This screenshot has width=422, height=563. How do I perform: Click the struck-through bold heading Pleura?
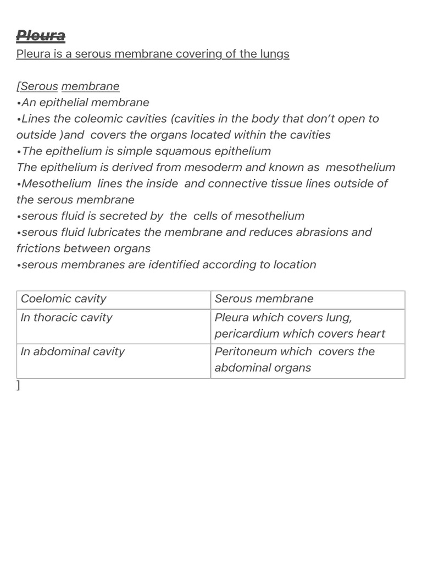coord(41,36)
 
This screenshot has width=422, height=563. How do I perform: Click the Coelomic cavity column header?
coord(64,299)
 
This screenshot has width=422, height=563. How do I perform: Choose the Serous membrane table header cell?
coord(264,299)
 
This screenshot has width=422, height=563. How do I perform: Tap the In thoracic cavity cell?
coord(66,318)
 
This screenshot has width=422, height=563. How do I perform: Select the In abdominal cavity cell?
coord(73,352)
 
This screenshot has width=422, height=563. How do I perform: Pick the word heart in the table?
coord(371,334)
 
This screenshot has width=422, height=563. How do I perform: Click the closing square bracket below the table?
coord(19,385)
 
